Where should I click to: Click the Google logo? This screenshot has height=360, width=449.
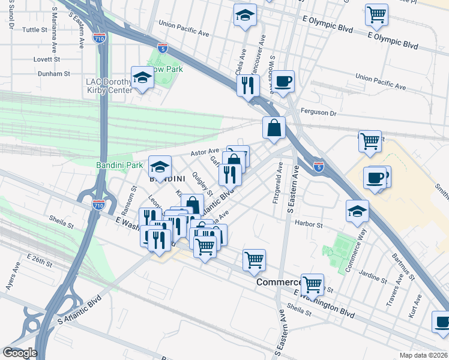click(x=20, y=353)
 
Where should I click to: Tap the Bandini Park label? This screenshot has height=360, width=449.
click(x=119, y=164)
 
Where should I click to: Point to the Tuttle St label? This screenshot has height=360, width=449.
click(x=35, y=29)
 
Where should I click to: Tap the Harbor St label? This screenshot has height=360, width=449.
click(x=309, y=225)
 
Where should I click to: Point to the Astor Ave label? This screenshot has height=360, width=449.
click(x=205, y=153)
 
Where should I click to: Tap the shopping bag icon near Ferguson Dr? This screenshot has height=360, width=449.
click(x=274, y=127)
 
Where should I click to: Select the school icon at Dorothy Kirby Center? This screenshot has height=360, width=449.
click(x=142, y=78)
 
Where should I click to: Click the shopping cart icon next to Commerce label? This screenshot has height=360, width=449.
click(x=313, y=284)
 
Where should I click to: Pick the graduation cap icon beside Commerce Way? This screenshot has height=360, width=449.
click(x=357, y=211)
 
